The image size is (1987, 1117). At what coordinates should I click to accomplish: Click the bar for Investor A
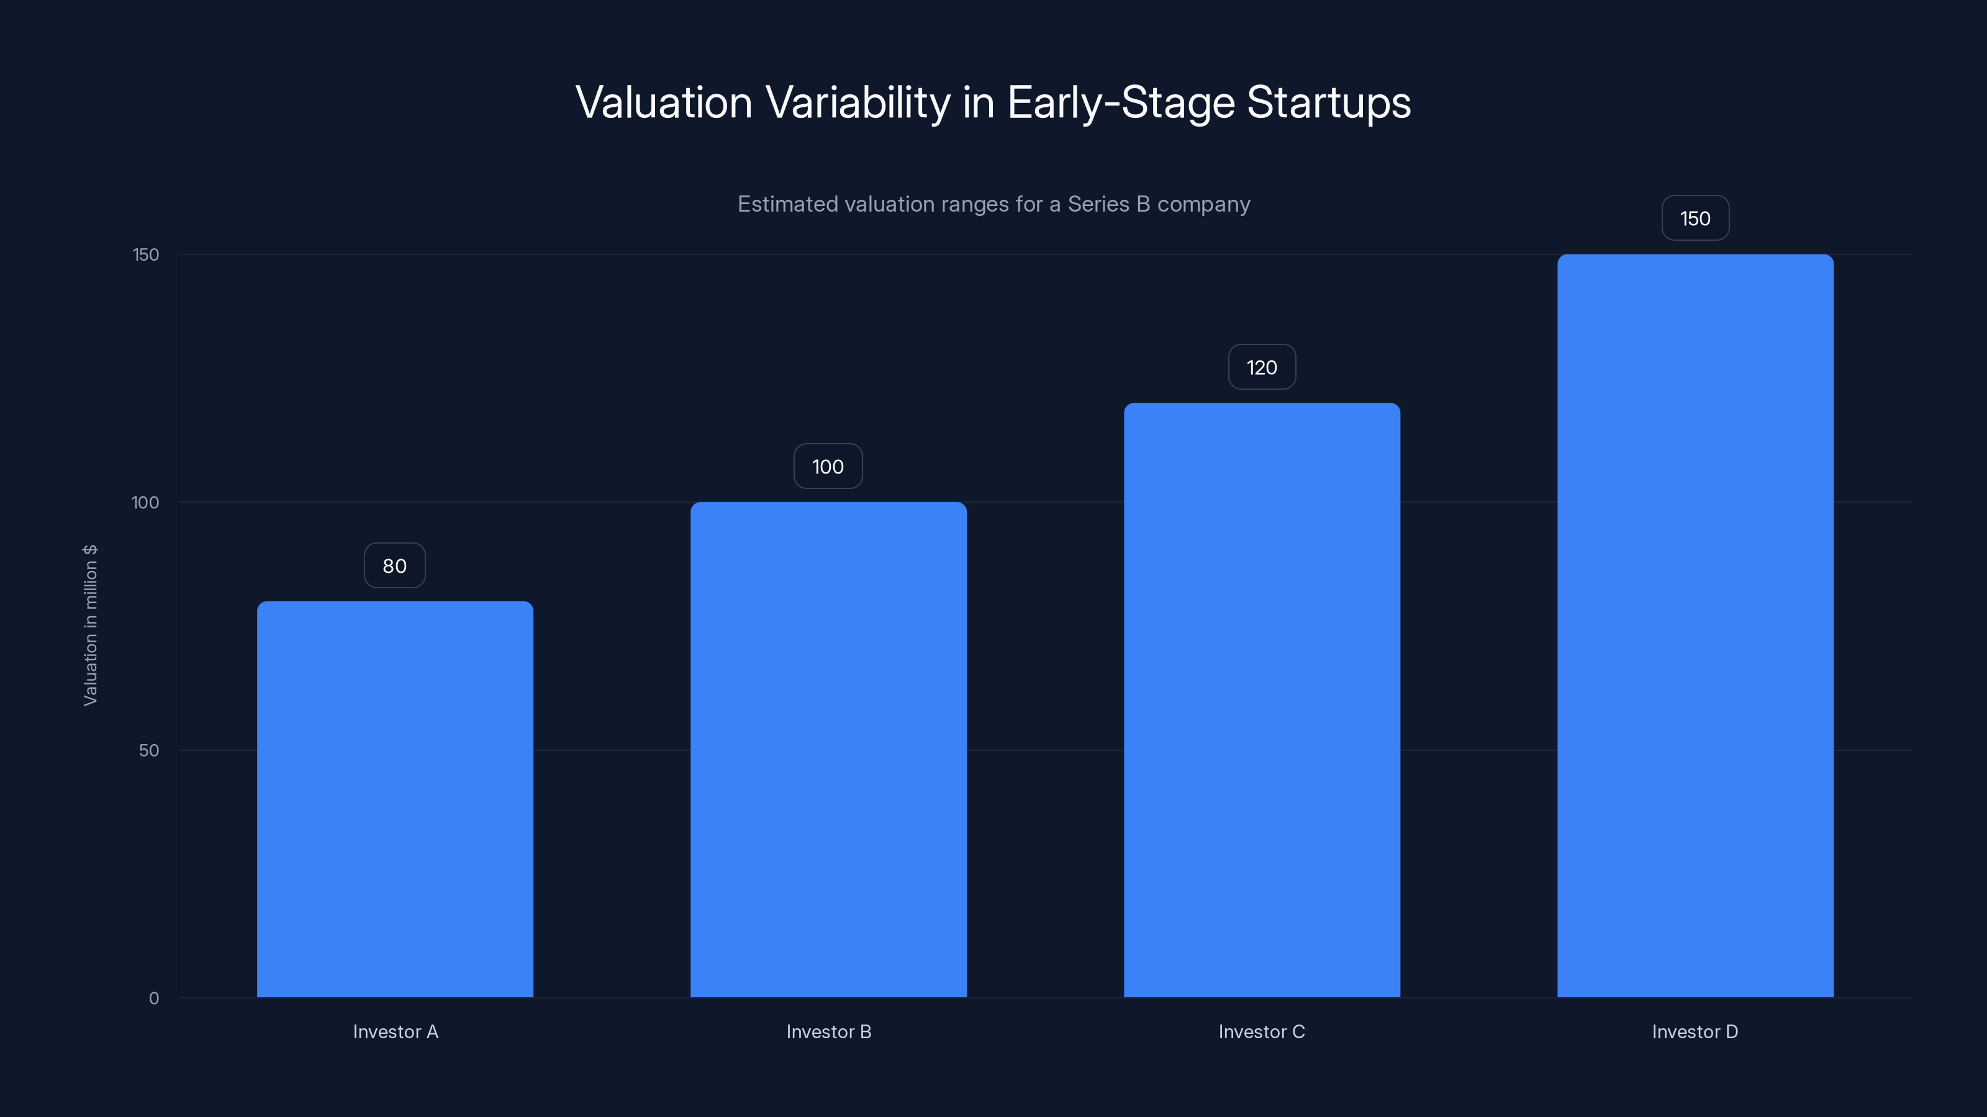[395, 799]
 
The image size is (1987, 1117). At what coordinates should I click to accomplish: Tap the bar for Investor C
[1262, 700]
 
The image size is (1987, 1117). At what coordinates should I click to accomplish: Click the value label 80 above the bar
[395, 566]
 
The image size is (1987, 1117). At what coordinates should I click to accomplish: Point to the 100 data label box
[828, 467]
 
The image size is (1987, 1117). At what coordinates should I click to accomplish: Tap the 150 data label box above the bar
[1695, 219]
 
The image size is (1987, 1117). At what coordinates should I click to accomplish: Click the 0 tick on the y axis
[154, 999]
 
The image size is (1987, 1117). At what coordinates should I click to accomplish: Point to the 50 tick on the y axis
[149, 751]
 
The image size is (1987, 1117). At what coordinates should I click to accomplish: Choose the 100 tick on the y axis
[145, 503]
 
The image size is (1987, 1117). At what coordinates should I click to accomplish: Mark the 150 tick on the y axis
[146, 255]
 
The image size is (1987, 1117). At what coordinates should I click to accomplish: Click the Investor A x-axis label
[396, 1032]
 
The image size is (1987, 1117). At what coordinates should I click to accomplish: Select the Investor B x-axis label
[828, 1032]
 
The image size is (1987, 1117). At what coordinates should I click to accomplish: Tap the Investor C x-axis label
[1262, 1032]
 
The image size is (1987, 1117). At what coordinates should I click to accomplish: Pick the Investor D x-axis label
[1695, 1032]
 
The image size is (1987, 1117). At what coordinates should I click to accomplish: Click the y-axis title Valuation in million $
[90, 625]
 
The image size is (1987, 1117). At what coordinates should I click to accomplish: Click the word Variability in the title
[858, 103]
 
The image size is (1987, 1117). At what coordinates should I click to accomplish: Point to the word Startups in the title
[1329, 103]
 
